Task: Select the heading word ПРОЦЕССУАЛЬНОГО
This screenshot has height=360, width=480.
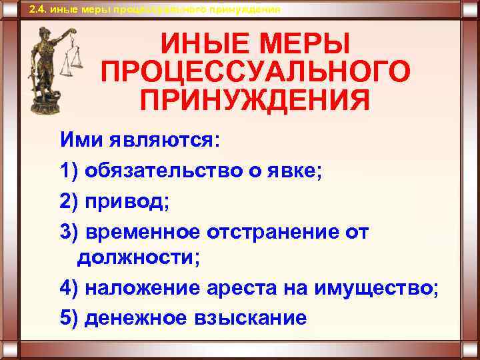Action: (255, 73)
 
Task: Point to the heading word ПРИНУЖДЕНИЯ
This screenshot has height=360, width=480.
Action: (255, 100)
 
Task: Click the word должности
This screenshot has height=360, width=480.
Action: (137, 258)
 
